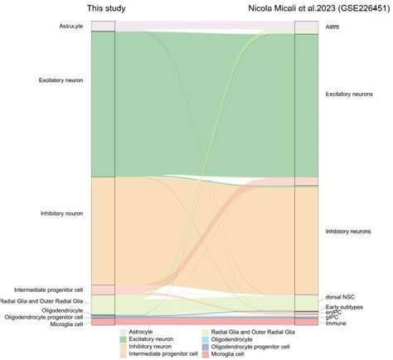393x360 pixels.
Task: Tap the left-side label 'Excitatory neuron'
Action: pyautogui.click(x=61, y=80)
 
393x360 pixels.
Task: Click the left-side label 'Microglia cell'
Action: pyautogui.click(x=65, y=324)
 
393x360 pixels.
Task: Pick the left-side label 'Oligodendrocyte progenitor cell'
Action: pyautogui.click(x=44, y=317)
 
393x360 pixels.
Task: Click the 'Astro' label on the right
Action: pyautogui.click(x=332, y=27)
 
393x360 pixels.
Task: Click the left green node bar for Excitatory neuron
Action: pyautogui.click(x=103, y=104)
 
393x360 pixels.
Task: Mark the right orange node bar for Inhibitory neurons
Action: pyautogui.click(x=307, y=240)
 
